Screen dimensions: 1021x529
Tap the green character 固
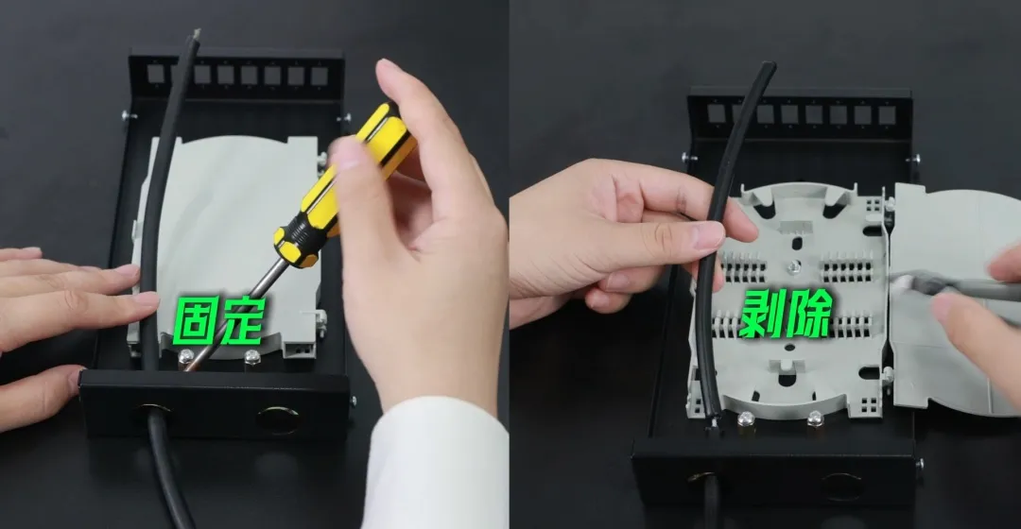pyautogui.click(x=196, y=320)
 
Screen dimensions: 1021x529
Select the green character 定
pyautogui.click(x=242, y=320)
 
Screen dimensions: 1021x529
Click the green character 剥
pyautogui.click(x=762, y=314)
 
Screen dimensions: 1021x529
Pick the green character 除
pyautogui.click(x=809, y=314)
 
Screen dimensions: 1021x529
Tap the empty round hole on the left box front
pyautogui.click(x=278, y=419)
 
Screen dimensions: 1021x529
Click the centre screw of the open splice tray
pyautogui.click(x=792, y=266)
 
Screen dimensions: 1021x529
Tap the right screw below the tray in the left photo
pyautogui.click(x=251, y=356)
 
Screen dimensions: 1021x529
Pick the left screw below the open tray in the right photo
pyautogui.click(x=746, y=418)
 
